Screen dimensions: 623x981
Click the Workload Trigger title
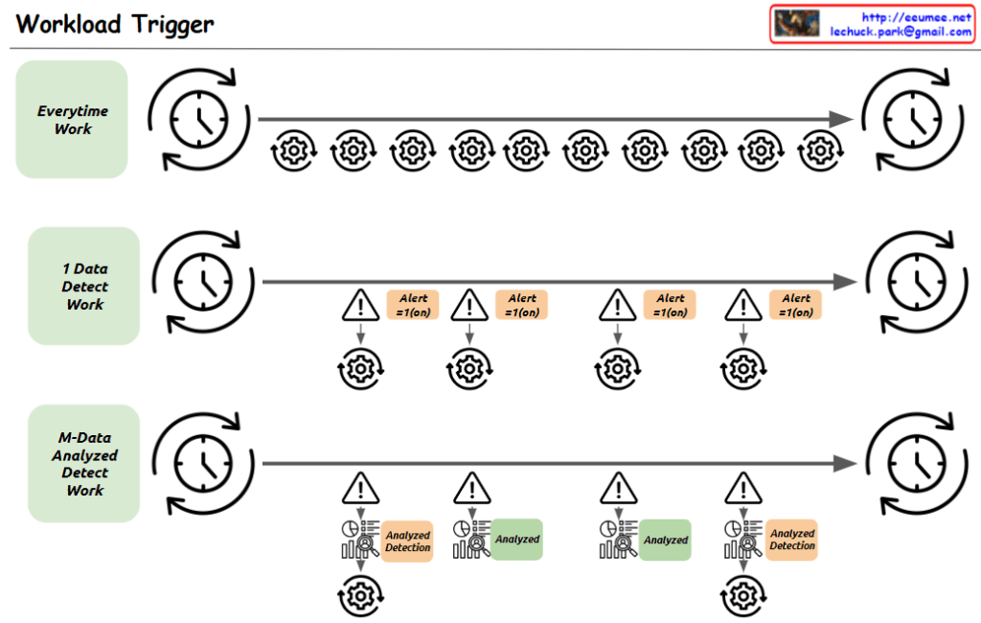point(115,24)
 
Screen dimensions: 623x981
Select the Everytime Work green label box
point(72,120)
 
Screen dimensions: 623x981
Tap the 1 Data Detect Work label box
point(84,287)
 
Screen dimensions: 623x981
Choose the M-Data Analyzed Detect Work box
point(84,464)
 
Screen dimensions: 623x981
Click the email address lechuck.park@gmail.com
point(901,32)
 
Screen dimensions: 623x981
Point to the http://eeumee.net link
point(916,17)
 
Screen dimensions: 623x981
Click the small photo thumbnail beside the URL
point(797,24)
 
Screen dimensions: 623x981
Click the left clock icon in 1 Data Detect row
point(203,282)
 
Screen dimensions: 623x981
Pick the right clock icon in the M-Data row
point(916,463)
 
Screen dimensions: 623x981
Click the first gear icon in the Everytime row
point(294,150)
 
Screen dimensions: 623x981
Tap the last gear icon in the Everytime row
point(818,150)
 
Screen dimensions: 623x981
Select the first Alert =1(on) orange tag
point(412,305)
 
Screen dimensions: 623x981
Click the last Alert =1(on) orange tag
point(795,305)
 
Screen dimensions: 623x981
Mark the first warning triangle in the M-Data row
point(360,488)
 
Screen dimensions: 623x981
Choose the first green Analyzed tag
point(517,539)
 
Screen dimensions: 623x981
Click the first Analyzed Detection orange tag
point(408,542)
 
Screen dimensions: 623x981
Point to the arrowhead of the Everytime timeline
point(841,119)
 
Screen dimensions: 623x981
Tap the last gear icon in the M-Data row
point(743,596)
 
